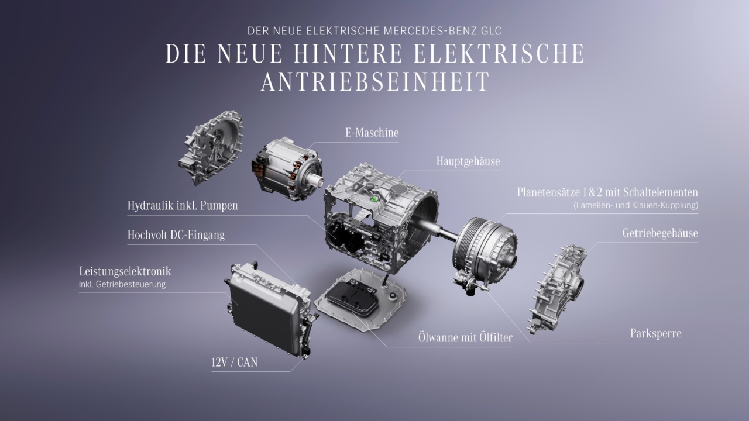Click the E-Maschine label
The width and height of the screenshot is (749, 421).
tap(372, 133)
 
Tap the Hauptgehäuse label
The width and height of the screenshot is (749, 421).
tap(468, 162)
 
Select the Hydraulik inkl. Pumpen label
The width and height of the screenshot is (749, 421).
tap(183, 205)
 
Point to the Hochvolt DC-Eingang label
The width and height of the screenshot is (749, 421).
tap(176, 235)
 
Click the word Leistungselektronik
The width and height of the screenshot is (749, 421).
tap(125, 271)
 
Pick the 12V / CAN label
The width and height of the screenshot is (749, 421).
tap(235, 362)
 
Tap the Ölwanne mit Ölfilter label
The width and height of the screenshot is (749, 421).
tap(465, 337)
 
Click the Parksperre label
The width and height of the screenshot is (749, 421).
tap(656, 333)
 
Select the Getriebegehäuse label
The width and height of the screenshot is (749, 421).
tap(660, 233)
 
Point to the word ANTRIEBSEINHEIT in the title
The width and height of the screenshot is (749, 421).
tap(375, 81)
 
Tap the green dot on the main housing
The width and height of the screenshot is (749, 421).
tap(374, 199)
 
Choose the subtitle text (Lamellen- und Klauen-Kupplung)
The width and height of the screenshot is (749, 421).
tap(635, 205)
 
